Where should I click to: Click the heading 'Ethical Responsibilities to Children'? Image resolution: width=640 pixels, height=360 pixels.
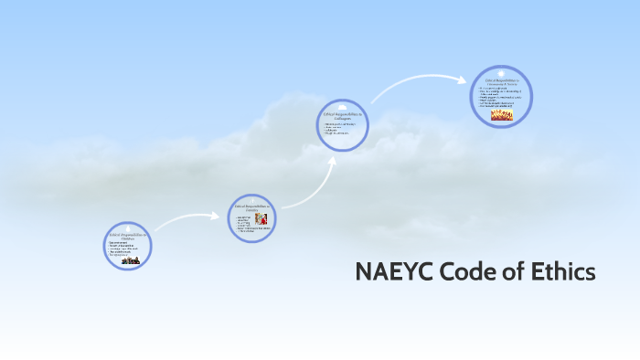point(129,237)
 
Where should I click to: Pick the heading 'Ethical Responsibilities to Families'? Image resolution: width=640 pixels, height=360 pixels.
point(251,208)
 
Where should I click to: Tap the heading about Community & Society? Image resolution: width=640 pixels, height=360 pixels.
point(501,82)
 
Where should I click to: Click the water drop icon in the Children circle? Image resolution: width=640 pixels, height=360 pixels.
point(129,228)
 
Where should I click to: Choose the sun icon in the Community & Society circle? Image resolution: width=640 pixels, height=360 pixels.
point(501,72)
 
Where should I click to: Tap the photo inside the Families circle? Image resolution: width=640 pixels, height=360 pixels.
point(261,220)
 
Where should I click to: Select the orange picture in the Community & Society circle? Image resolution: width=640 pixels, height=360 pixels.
point(502,115)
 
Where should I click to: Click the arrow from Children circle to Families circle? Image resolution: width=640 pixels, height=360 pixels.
point(187,220)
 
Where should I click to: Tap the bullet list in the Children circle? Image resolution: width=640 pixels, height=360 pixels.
point(125,249)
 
